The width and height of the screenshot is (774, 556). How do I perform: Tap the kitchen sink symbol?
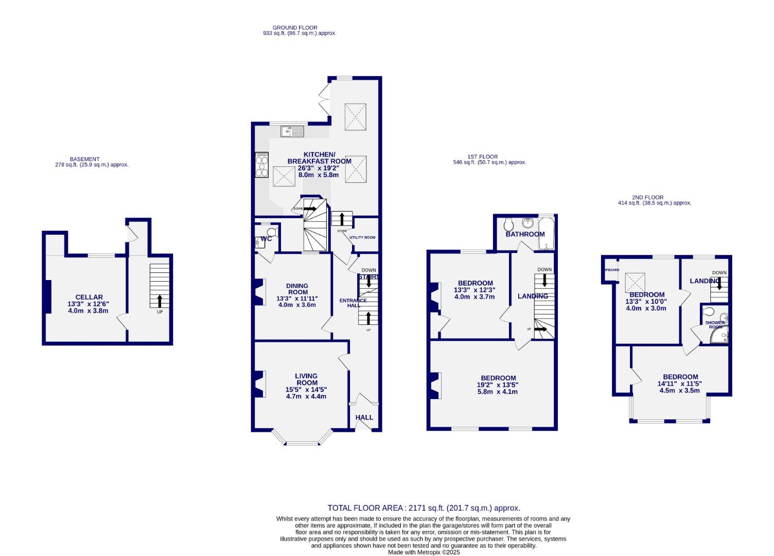tap(292, 132)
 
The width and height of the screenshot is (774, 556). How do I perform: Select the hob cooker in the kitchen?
tap(261, 165)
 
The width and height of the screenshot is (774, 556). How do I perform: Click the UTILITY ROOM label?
tap(362, 237)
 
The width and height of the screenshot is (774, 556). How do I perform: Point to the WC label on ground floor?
tap(266, 239)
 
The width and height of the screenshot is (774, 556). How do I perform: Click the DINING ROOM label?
tap(297, 289)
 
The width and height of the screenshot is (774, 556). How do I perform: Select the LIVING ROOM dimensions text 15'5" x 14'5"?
tap(306, 390)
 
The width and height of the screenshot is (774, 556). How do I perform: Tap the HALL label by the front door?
tap(364, 417)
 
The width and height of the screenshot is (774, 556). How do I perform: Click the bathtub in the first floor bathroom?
tap(545, 234)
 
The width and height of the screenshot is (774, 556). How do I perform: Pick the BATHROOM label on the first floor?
tap(525, 234)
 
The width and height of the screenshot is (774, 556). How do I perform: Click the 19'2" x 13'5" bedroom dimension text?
tap(497, 385)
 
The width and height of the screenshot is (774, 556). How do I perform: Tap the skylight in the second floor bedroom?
tap(635, 282)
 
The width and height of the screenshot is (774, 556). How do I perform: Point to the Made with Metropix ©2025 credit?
tap(423, 552)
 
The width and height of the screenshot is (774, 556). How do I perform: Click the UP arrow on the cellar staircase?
tap(160, 301)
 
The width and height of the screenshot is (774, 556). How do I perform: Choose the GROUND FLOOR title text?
tap(295, 28)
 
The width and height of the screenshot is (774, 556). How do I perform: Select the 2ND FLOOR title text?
tap(647, 197)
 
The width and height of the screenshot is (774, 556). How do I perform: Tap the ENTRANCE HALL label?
tap(353, 303)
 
